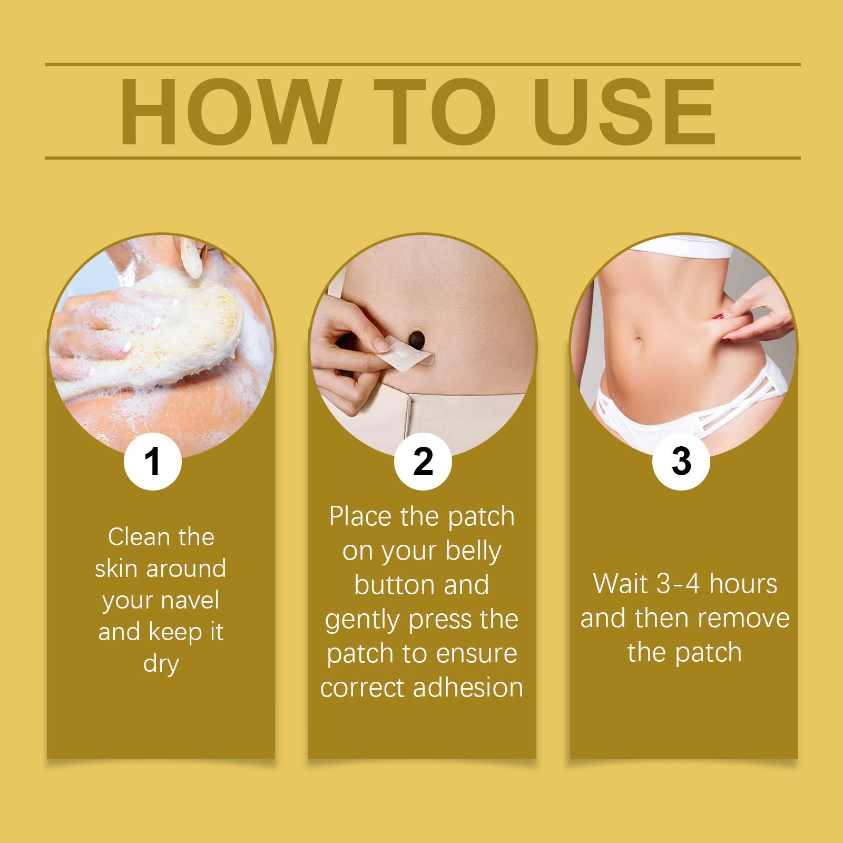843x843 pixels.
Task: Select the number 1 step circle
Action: tap(153, 462)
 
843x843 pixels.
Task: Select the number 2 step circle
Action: tap(423, 462)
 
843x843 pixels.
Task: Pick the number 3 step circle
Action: tap(681, 462)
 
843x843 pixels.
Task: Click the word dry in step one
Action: tap(161, 664)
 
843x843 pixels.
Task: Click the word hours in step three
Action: tap(743, 584)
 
